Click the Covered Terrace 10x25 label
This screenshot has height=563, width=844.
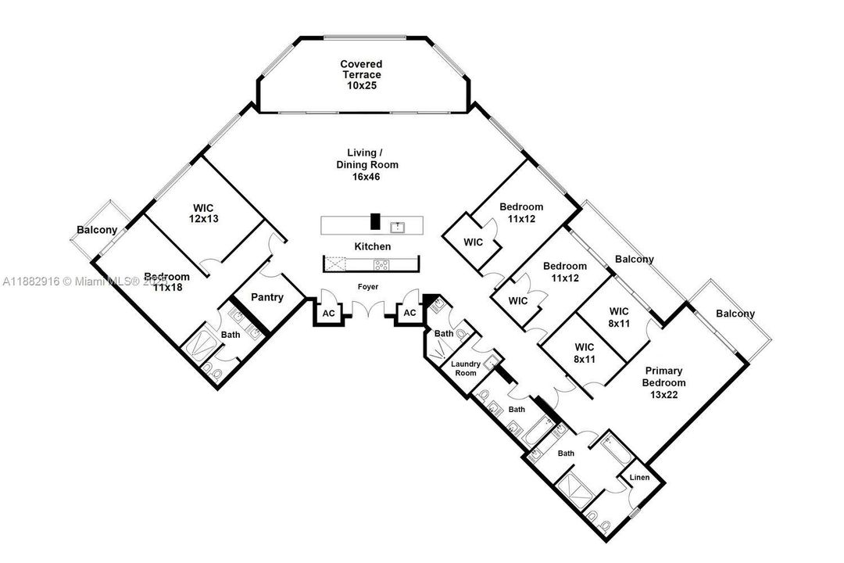tap(362, 74)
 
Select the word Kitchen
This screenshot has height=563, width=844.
tap(373, 246)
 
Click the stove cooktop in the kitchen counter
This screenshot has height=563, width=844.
tap(381, 265)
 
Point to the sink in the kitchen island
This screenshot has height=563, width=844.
tap(397, 227)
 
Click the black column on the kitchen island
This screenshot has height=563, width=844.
tap(375, 222)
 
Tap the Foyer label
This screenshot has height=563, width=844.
tap(368, 287)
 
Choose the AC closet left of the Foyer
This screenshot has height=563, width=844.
tap(327, 313)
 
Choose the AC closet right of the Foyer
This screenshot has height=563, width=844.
tap(409, 313)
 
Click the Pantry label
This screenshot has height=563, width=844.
tap(266, 298)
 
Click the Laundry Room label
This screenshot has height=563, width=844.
tap(466, 368)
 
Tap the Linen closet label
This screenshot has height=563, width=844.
tap(640, 477)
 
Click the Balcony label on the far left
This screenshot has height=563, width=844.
tap(96, 230)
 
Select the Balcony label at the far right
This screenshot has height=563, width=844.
tap(735, 314)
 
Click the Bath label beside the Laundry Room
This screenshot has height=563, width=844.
tap(444, 334)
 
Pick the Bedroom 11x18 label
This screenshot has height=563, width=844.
tap(166, 282)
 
